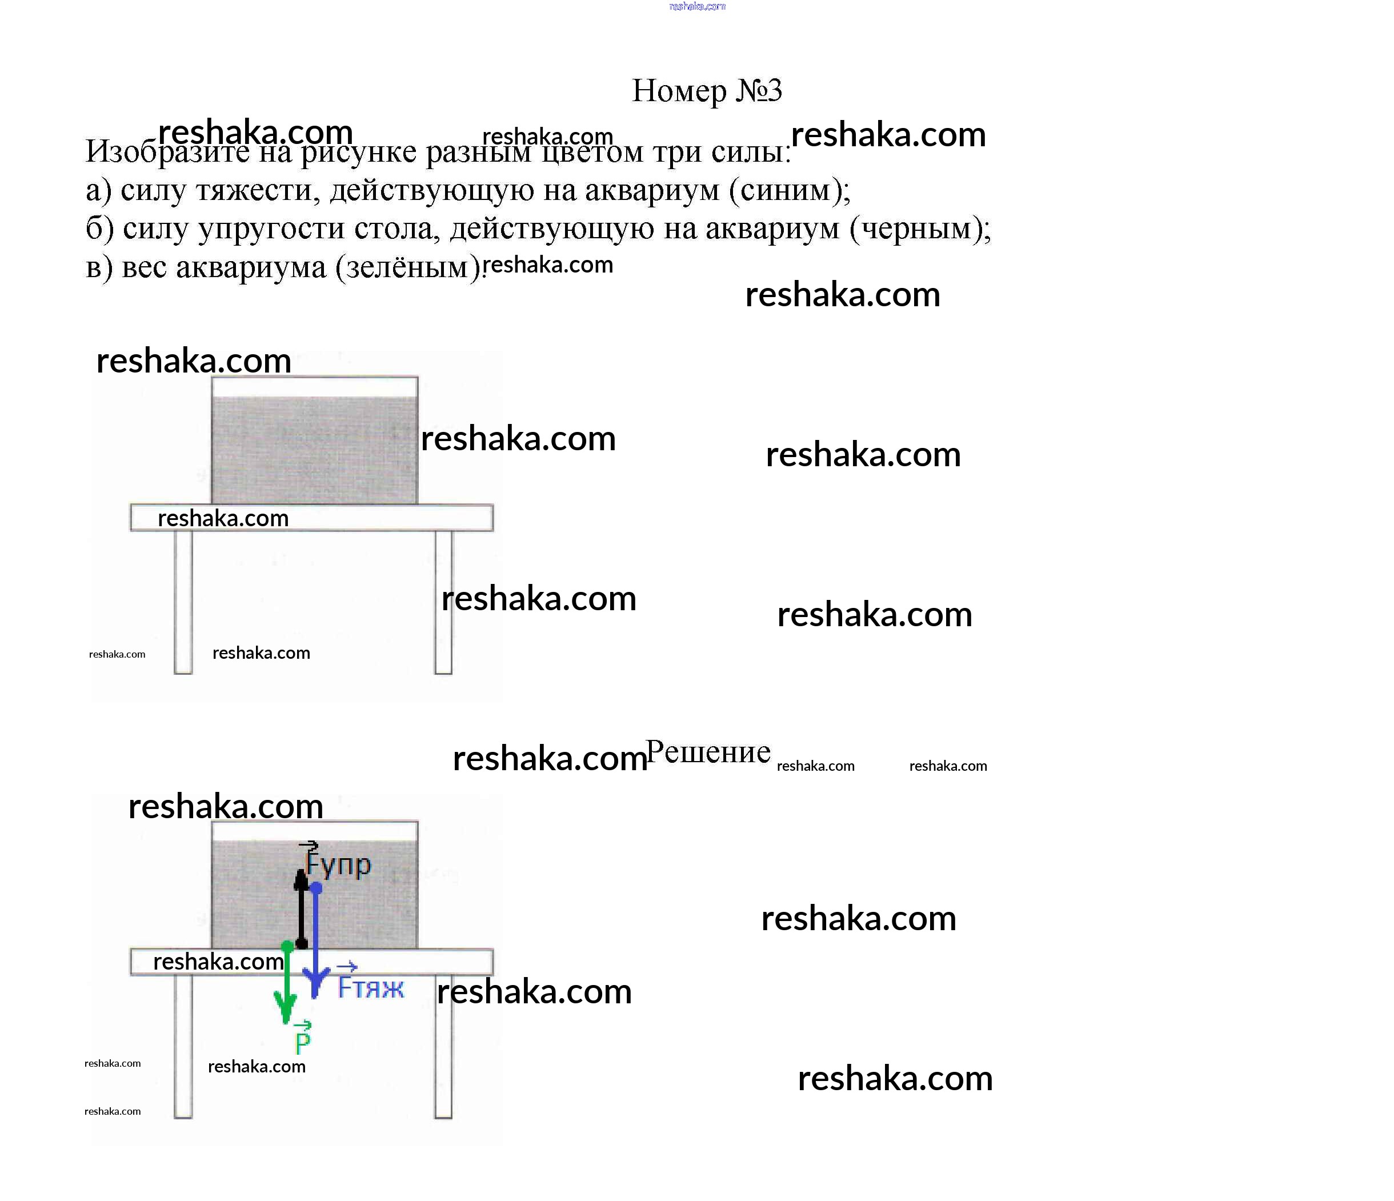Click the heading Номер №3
point(706,90)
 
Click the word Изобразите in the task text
point(167,152)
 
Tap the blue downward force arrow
point(315,942)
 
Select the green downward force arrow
point(287,986)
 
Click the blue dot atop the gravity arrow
point(316,888)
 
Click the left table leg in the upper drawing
point(183,602)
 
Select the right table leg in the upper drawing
point(443,602)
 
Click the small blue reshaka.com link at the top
point(697,7)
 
